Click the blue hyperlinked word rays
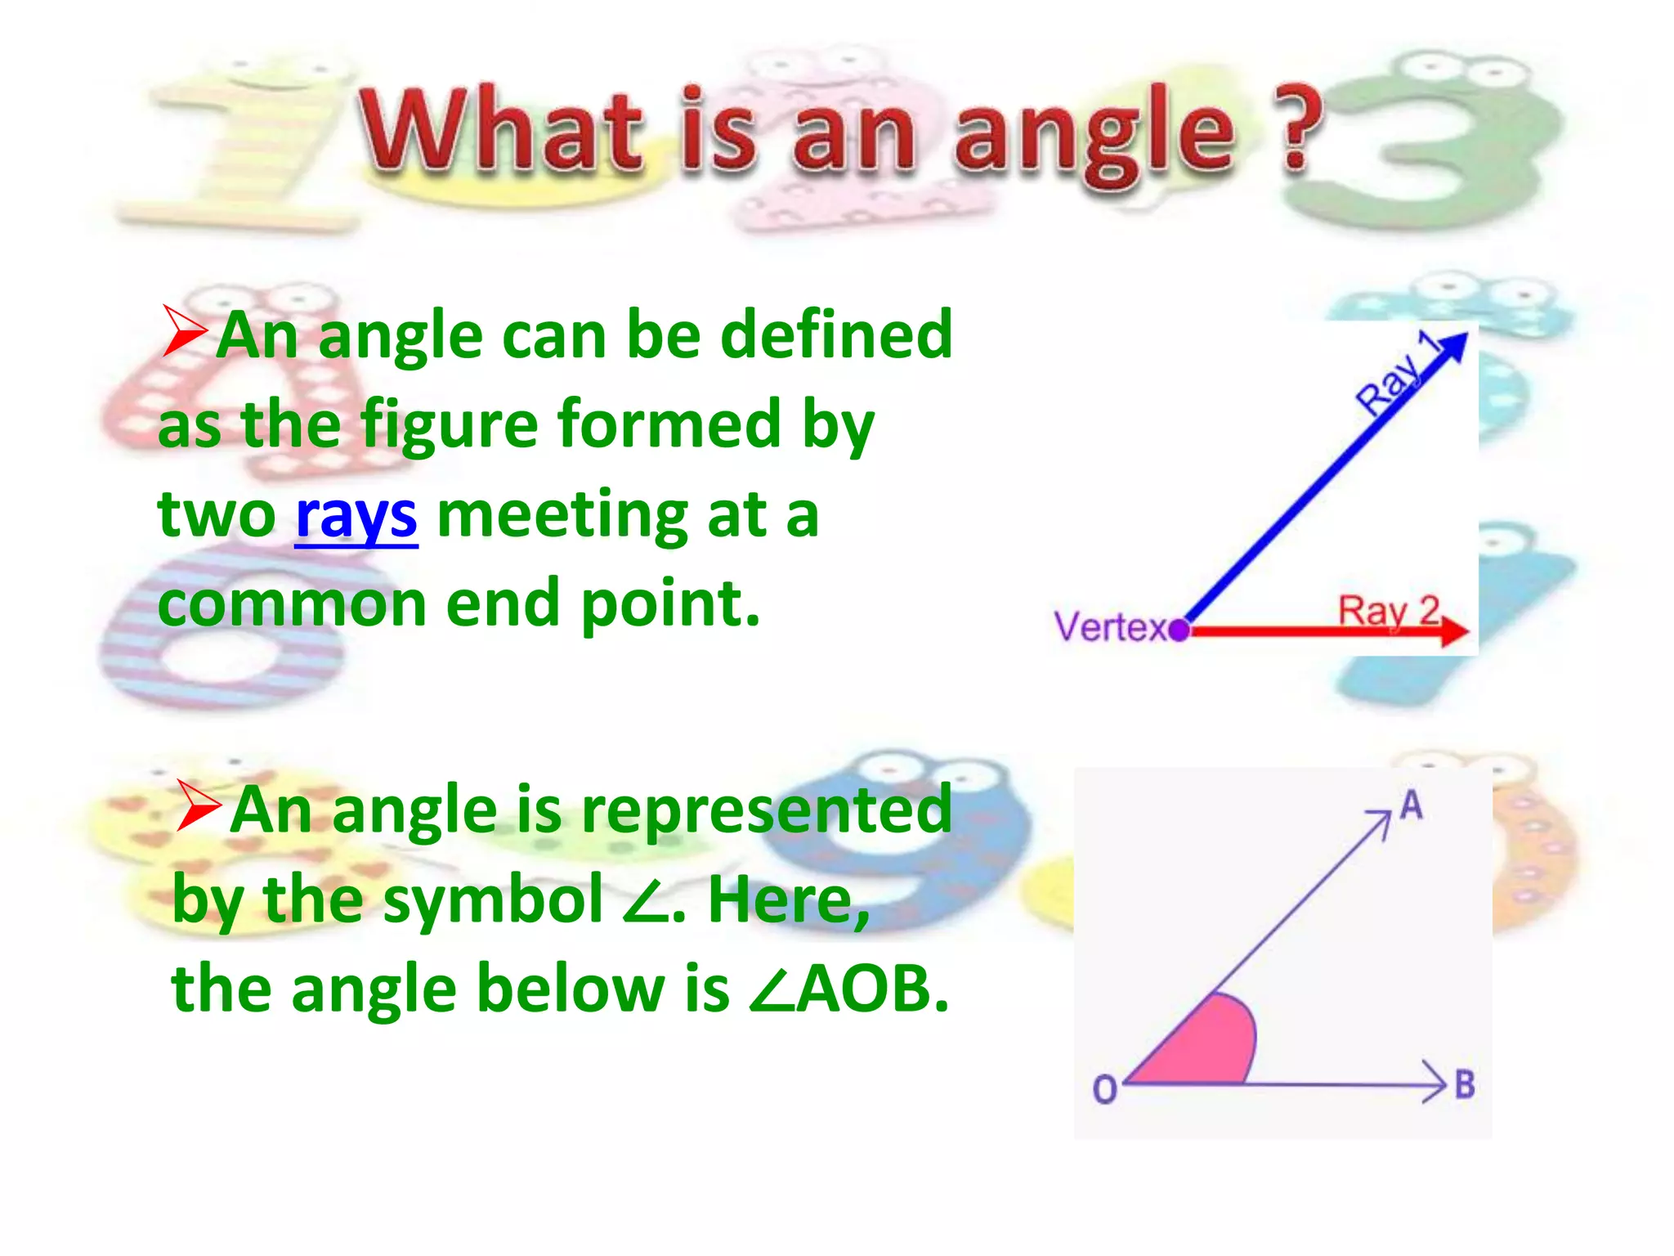(x=356, y=517)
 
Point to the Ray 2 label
(x=1388, y=611)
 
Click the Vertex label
(x=1110, y=628)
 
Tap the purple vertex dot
(x=1179, y=630)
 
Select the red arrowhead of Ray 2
(x=1453, y=630)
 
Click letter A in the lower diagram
(x=1412, y=806)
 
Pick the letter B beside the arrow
(x=1465, y=1085)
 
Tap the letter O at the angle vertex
(x=1105, y=1089)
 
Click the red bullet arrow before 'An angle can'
(x=183, y=331)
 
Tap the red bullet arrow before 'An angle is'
(x=198, y=805)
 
